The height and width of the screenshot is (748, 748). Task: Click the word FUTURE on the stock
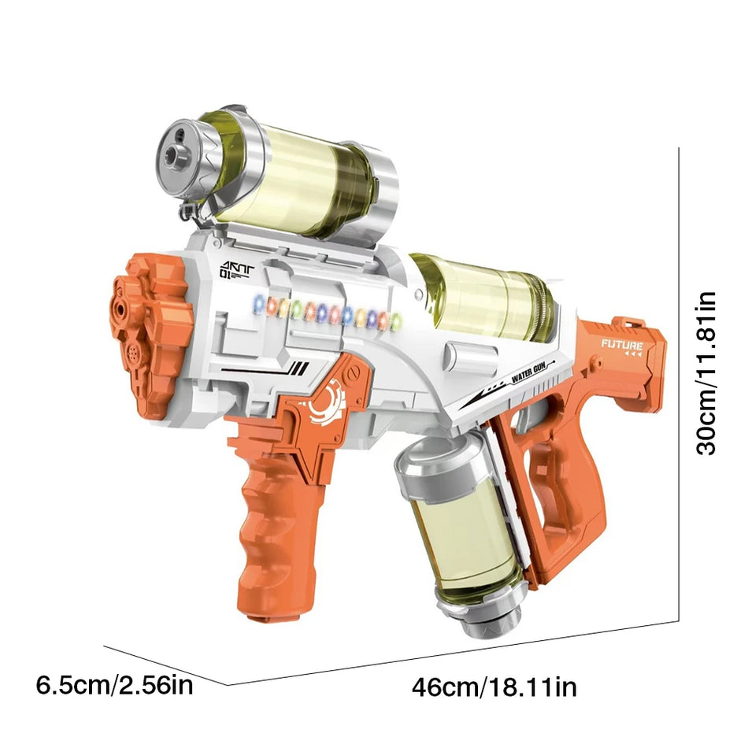(622, 344)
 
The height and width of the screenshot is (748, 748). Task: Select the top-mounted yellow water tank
(283, 173)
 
